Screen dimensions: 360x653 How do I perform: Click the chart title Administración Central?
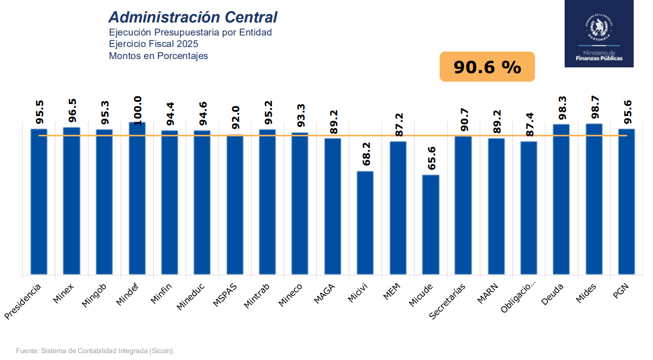tap(192, 17)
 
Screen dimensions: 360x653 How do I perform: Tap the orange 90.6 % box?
tap(487, 67)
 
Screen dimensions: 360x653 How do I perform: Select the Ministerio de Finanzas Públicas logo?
tap(599, 34)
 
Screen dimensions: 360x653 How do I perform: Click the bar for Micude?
tap(431, 225)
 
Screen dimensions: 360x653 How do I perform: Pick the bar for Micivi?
tap(365, 223)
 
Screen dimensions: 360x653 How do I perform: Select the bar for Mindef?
tap(137, 199)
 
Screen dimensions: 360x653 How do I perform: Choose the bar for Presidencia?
tap(39, 201)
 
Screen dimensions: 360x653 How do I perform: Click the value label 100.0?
tap(138, 110)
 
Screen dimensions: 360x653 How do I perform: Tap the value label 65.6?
tap(431, 158)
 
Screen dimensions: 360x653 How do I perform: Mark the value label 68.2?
tap(366, 155)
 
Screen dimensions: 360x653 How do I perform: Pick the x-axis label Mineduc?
tap(191, 297)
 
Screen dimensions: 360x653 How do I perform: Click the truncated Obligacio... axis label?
tap(519, 298)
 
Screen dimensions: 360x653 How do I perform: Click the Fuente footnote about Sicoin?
tap(95, 351)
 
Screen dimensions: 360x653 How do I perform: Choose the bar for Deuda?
tap(562, 199)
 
